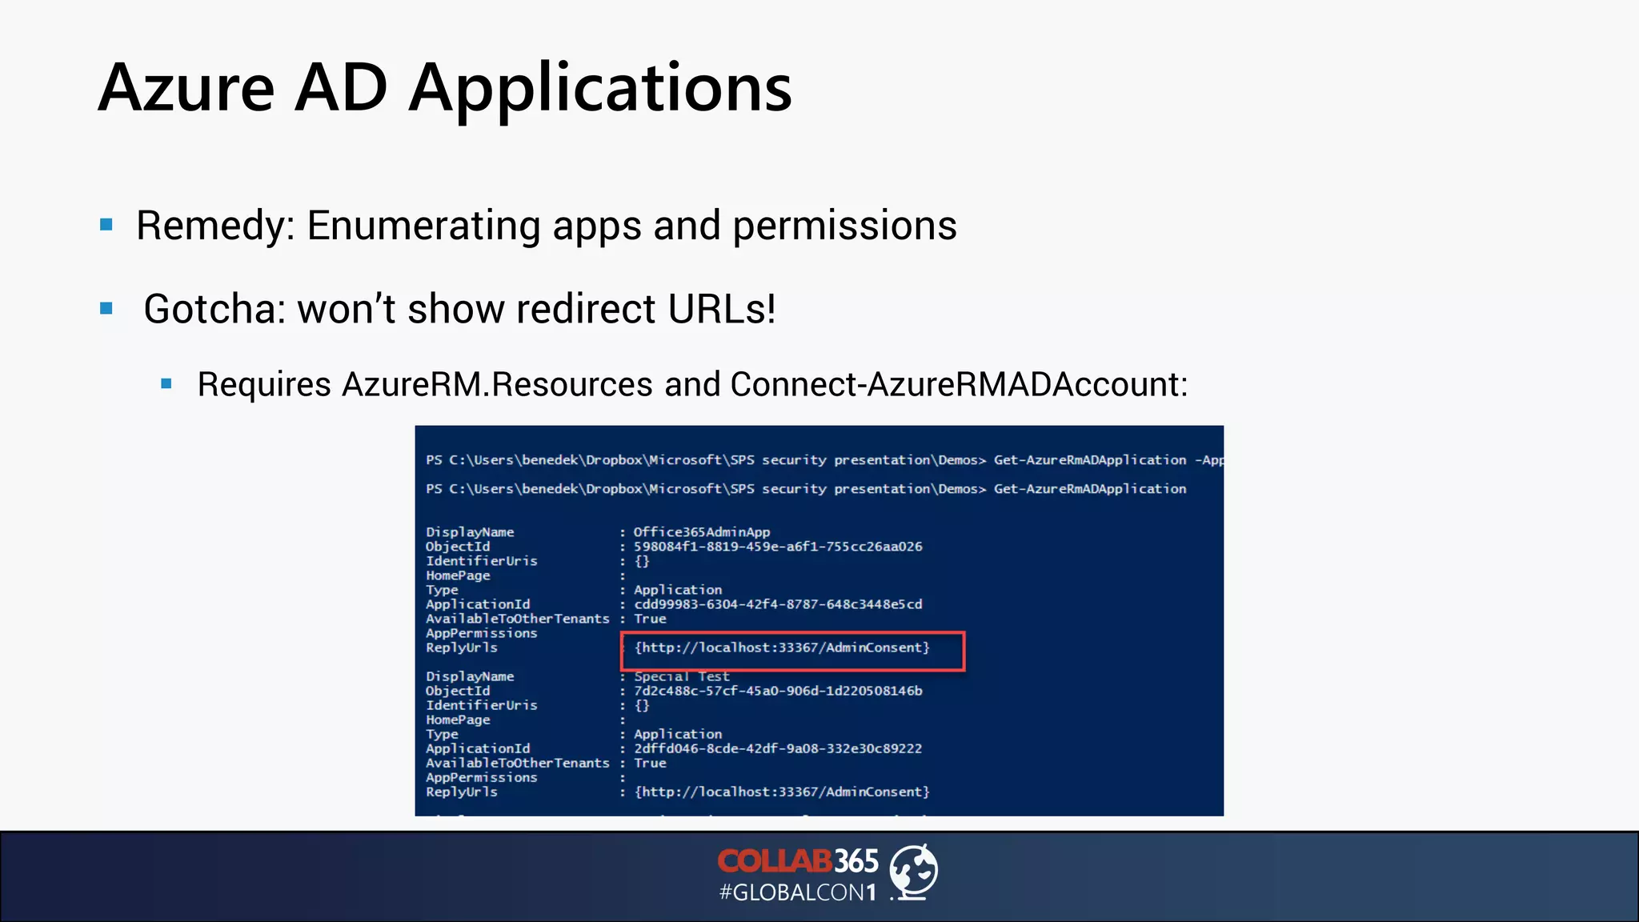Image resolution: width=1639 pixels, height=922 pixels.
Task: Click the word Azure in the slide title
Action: coord(186,88)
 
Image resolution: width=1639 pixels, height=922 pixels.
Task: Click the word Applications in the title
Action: coord(600,90)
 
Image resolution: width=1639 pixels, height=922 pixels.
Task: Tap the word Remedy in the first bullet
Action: coord(210,226)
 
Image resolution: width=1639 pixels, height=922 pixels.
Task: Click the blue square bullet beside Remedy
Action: coord(106,225)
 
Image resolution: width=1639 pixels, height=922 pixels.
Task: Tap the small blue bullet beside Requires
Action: coord(166,384)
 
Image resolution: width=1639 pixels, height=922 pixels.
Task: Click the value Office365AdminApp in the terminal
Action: coord(702,532)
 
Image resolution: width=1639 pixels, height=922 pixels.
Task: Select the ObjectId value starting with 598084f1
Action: coord(778,547)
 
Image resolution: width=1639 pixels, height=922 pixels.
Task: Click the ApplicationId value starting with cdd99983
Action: coord(778,604)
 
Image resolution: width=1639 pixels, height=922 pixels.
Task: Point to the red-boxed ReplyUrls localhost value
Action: coord(782,647)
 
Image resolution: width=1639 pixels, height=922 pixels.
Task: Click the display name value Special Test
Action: coord(682,677)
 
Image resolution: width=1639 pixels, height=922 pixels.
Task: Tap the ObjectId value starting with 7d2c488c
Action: coord(778,691)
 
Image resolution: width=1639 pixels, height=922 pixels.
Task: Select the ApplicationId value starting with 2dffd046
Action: coord(778,748)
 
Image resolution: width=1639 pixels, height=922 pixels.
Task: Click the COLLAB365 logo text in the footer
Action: coord(798,861)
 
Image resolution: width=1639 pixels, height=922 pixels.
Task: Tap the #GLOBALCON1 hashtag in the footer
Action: coord(798,892)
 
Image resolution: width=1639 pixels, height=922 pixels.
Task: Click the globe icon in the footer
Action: coord(914,872)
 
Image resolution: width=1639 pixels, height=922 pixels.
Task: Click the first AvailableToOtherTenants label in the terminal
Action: coord(517,619)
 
